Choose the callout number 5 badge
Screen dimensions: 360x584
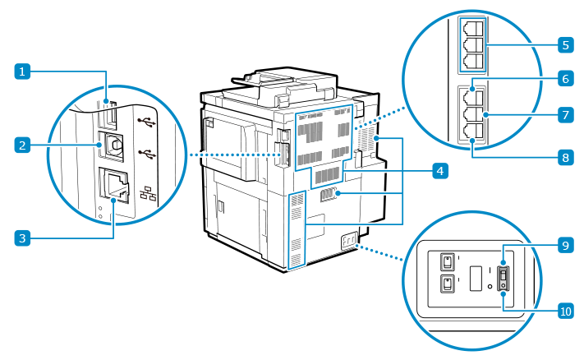click(x=564, y=44)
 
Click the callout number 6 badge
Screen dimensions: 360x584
click(x=564, y=79)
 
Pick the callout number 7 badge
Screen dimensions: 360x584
click(x=564, y=115)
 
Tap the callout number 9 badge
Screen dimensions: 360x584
click(x=564, y=245)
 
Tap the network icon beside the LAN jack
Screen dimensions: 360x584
click(x=149, y=195)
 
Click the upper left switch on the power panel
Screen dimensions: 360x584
click(x=448, y=261)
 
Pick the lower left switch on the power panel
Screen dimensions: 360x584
click(x=448, y=284)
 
